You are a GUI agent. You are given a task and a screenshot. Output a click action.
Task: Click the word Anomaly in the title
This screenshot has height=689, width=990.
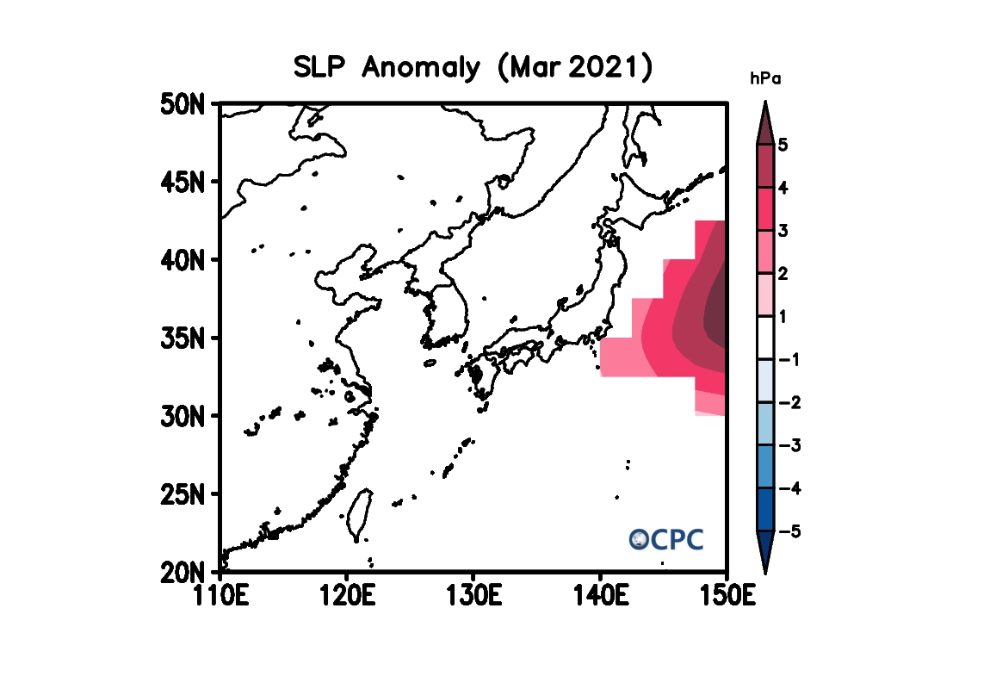(x=421, y=68)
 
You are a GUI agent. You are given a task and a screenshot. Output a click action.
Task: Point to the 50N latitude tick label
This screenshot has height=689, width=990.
(x=182, y=104)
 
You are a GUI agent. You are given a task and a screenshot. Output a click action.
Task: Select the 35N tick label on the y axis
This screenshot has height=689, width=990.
(x=182, y=338)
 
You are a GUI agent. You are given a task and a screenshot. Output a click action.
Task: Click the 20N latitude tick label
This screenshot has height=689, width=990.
(x=182, y=572)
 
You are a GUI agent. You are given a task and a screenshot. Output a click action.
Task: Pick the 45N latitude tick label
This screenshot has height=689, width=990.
(x=182, y=182)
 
